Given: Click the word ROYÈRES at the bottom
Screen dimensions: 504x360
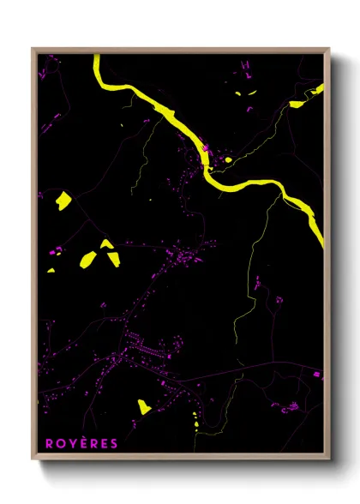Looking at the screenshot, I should [x=81, y=443].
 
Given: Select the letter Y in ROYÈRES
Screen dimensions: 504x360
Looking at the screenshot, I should [x=71, y=443].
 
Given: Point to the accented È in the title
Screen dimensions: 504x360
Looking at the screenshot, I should [x=82, y=443].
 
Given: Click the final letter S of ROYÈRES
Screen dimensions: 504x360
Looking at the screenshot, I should [x=114, y=443].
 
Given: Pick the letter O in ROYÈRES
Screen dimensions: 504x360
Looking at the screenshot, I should [x=60, y=443].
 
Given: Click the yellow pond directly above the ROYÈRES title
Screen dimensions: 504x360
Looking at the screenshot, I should [x=144, y=405].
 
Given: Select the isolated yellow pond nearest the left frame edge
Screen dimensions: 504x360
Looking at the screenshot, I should [x=63, y=201].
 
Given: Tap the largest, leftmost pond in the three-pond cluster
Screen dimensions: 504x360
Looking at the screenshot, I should [x=88, y=259].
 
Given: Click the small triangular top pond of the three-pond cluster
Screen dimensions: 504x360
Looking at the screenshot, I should [x=106, y=244].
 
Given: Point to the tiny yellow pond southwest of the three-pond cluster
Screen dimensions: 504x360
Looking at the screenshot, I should [x=51, y=271].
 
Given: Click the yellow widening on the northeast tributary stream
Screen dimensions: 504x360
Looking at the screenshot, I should [x=297, y=104].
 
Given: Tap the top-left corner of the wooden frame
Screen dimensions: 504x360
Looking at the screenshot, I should [x=33, y=50].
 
